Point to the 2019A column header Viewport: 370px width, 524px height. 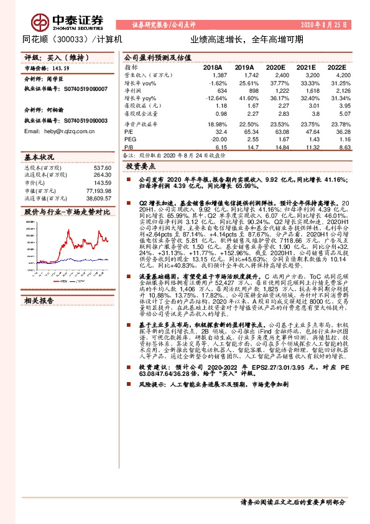tap(244, 67)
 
